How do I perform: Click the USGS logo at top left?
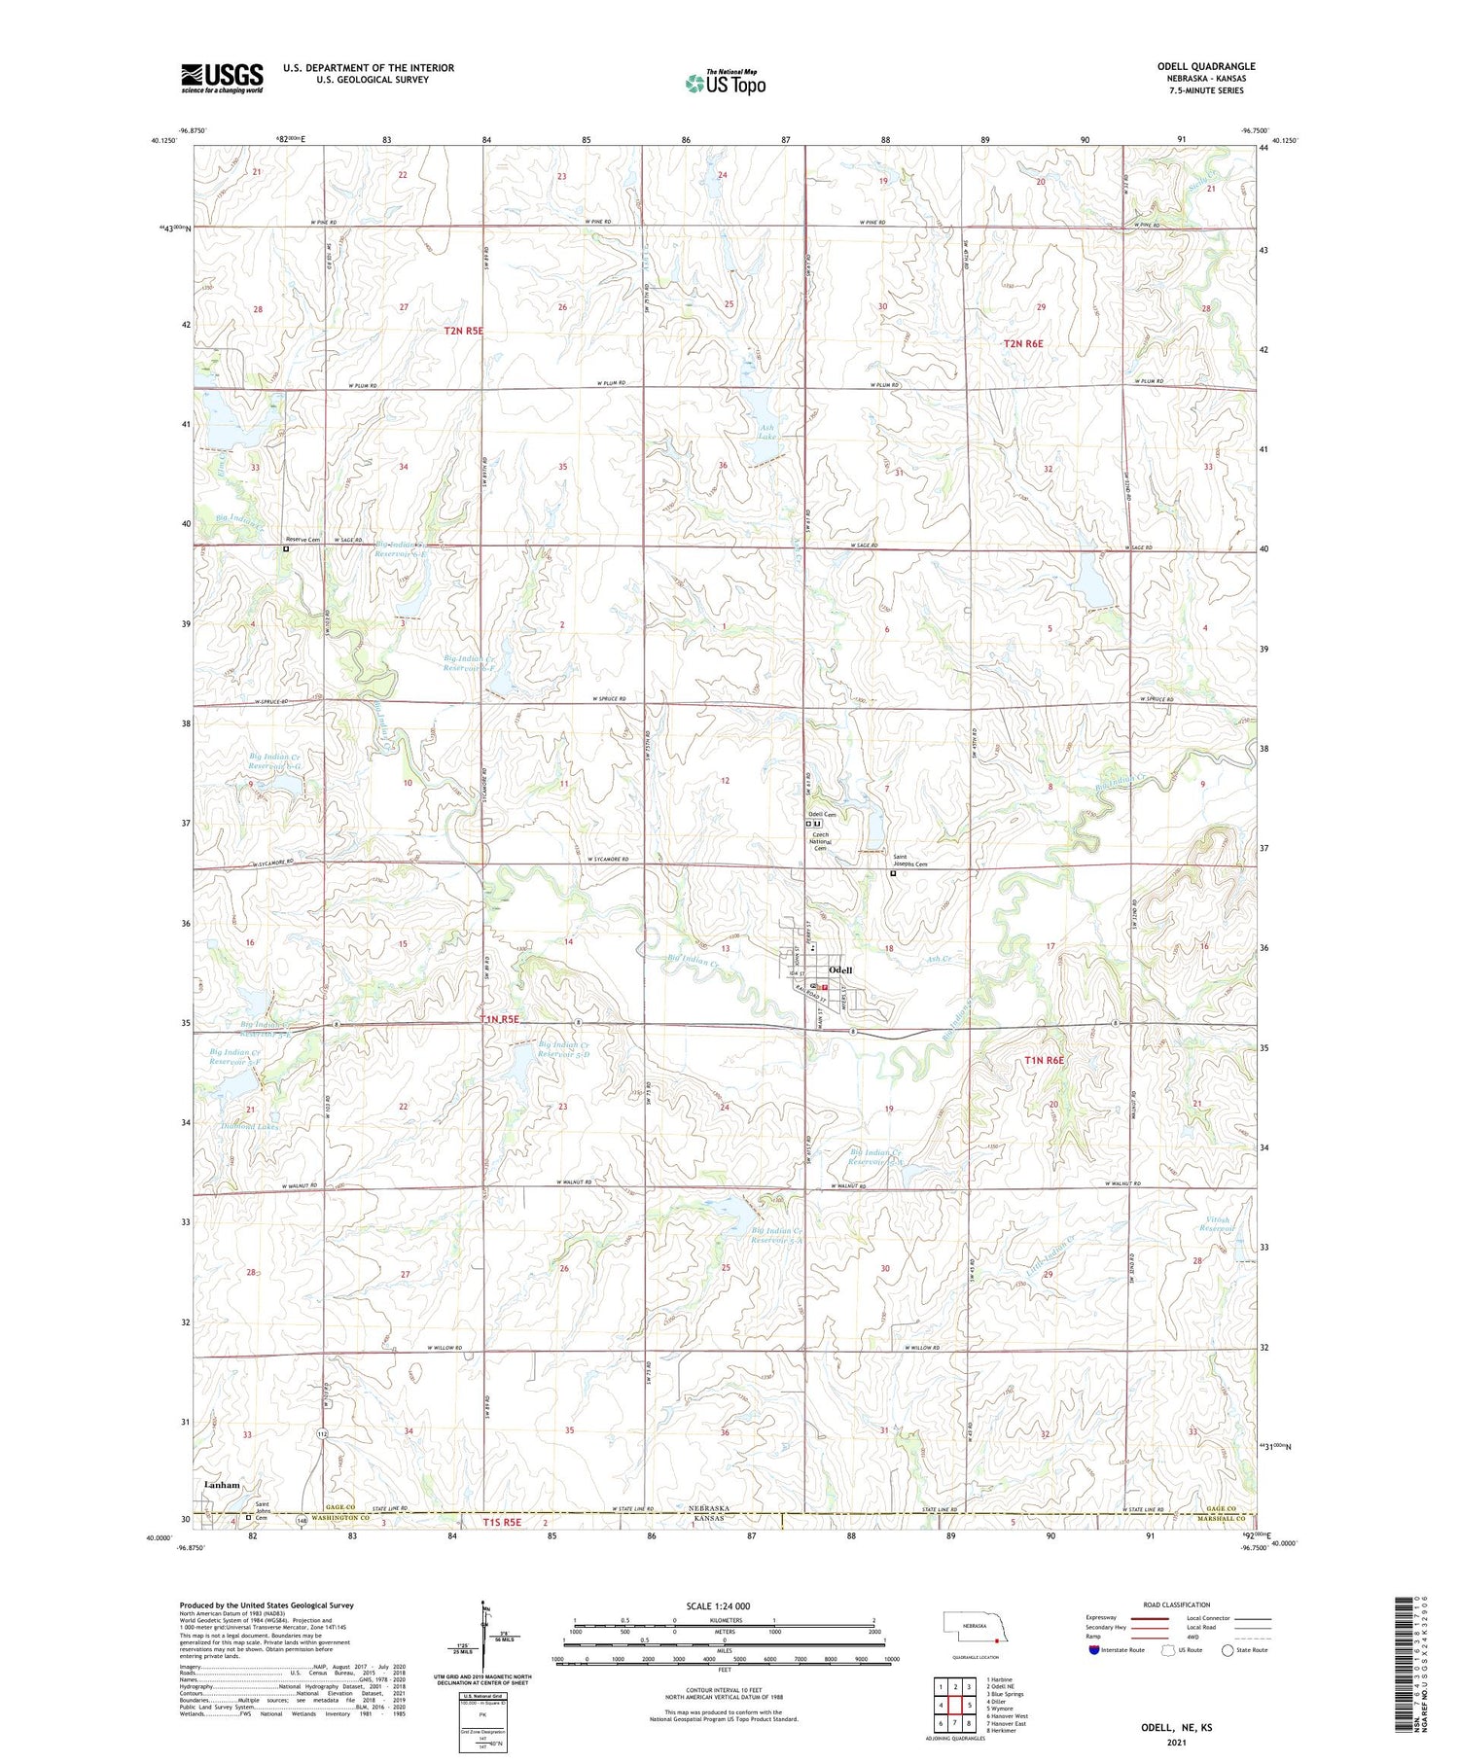point(222,78)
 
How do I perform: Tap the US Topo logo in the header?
point(725,84)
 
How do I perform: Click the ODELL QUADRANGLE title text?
point(1199,66)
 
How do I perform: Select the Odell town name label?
point(839,970)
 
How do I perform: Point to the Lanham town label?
point(222,1485)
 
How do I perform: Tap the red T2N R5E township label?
point(463,331)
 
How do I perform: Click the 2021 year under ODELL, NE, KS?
point(1176,1742)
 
